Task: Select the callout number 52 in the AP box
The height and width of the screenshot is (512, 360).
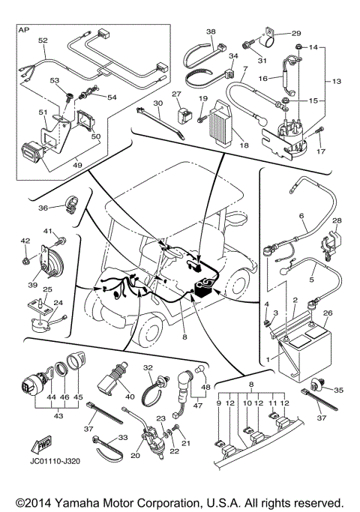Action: (x=42, y=39)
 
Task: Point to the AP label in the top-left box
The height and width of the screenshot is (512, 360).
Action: (x=25, y=31)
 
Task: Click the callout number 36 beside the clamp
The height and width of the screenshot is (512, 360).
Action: (x=42, y=208)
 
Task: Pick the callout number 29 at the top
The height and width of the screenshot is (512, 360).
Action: (x=295, y=34)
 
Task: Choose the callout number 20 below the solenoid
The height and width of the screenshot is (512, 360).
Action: (x=136, y=455)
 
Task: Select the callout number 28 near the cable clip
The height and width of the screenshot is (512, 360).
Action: (x=336, y=220)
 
